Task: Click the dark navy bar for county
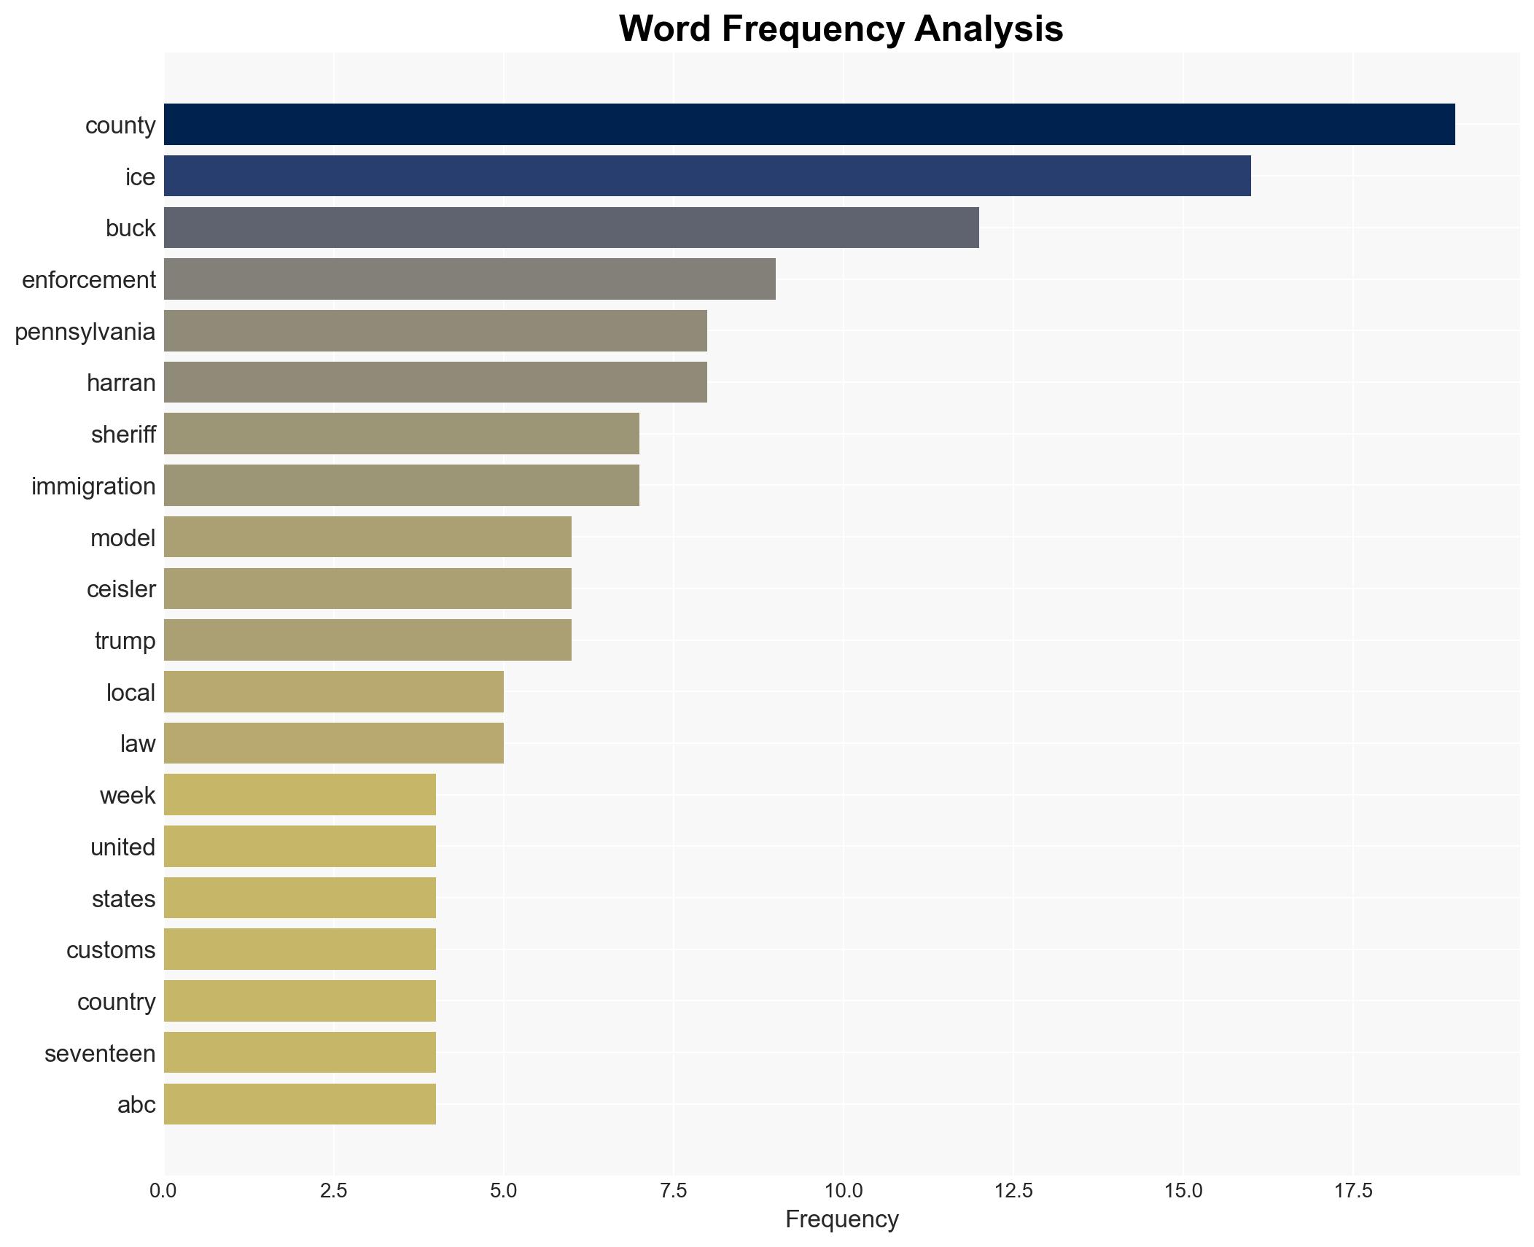tap(809, 125)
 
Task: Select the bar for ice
tap(706, 176)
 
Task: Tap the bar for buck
tap(571, 228)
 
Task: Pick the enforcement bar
tap(469, 279)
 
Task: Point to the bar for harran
tap(435, 383)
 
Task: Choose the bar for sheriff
tap(401, 435)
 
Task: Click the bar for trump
tap(367, 640)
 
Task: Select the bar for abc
tap(300, 1104)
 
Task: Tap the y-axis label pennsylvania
tap(85, 332)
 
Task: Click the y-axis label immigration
tap(93, 486)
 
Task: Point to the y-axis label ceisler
tap(121, 589)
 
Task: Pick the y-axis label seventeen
tap(100, 1054)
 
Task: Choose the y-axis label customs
tap(111, 950)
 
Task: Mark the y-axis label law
tap(138, 744)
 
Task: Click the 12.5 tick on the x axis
tap(1013, 1192)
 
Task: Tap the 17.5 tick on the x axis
tap(1353, 1192)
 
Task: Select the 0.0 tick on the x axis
tap(163, 1192)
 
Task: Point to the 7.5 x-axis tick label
tap(674, 1192)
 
